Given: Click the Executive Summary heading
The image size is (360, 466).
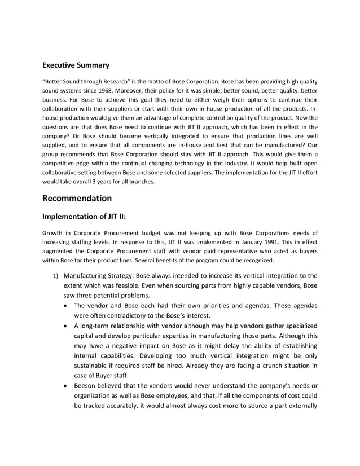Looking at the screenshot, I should tap(76, 65).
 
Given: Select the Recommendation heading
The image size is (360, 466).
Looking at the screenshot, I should tap(77, 198).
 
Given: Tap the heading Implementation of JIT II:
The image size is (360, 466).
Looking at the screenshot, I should tap(86, 216).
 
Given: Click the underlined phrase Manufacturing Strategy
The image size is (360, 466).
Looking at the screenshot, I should tap(98, 276).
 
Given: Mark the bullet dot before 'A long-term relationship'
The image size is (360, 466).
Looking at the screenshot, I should tap(68, 326).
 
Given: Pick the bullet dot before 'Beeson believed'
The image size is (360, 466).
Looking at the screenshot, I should tap(68, 387).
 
